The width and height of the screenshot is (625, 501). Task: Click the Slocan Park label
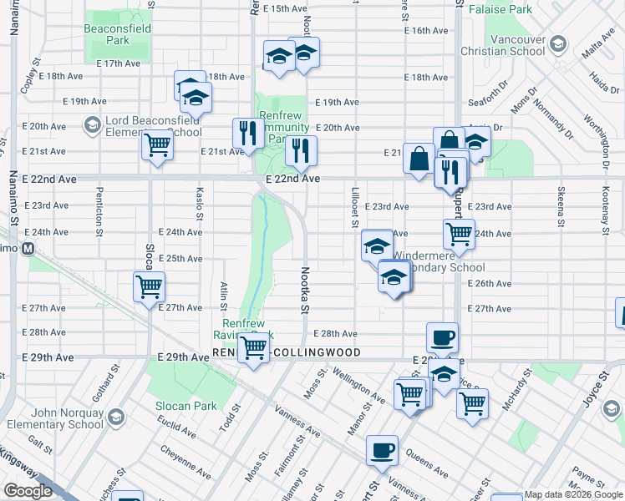point(185,406)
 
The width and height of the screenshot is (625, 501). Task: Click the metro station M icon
point(28,248)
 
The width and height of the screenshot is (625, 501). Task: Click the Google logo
point(28,490)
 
